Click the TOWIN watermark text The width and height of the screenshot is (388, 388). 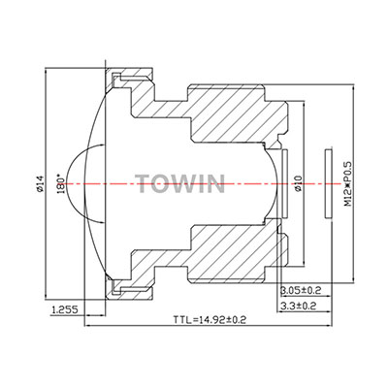coord(179,184)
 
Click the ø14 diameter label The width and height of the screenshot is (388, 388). coord(40,184)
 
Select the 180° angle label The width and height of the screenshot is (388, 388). coord(61,184)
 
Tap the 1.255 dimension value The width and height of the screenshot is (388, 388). coord(65,310)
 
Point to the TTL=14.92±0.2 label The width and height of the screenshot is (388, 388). coord(210,320)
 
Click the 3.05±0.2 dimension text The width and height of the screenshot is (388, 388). coord(301,290)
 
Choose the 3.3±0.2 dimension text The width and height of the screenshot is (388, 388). coord(298,306)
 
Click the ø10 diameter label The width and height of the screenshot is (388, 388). coord(298,183)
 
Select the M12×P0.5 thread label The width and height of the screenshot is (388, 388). coord(347,183)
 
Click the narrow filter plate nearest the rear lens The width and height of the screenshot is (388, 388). coord(285,183)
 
